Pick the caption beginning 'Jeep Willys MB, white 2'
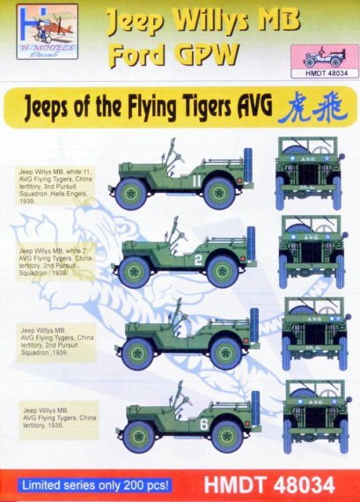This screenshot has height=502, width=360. tap(53, 265)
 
